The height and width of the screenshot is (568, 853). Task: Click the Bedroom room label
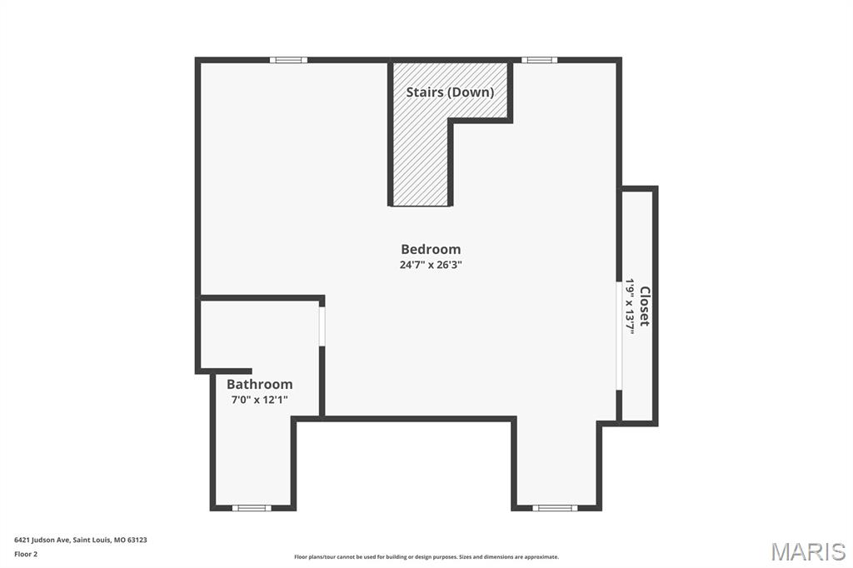pos(431,249)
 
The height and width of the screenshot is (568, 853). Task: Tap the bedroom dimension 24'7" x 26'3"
pos(431,265)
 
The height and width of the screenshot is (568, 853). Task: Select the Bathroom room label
pos(260,384)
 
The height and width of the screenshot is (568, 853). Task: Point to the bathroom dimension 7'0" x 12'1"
pos(260,400)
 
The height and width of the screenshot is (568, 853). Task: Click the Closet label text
pos(644,306)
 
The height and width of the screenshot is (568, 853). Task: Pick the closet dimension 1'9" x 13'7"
pos(631,306)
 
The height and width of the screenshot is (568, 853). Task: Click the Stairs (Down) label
pos(450,92)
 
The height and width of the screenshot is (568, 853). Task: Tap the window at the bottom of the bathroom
pos(251,507)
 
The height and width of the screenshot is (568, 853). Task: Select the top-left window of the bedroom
pos(288,60)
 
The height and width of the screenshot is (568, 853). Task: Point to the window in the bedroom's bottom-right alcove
pos(555,507)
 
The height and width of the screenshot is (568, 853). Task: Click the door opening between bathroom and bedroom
pos(322,326)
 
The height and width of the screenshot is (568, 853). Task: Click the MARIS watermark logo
pos(808,551)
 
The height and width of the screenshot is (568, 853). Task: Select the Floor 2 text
pos(26,554)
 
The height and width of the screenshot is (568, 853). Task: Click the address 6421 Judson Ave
pos(41,540)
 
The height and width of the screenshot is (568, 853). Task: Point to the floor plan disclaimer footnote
pos(426,557)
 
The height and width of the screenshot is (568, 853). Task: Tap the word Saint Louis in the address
pos(92,540)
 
